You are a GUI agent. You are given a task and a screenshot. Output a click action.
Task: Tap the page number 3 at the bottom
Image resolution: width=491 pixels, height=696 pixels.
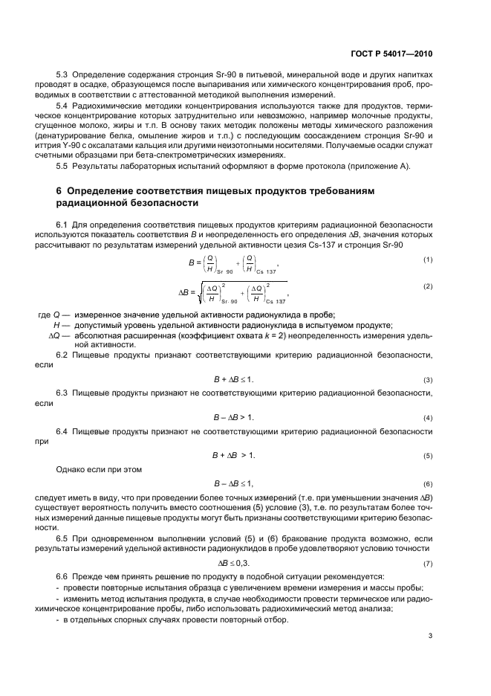point(430,636)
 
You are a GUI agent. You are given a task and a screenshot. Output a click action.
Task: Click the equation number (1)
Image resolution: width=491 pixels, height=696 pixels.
point(427,260)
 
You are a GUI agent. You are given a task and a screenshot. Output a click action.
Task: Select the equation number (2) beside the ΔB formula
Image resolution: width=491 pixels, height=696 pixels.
point(427,286)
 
